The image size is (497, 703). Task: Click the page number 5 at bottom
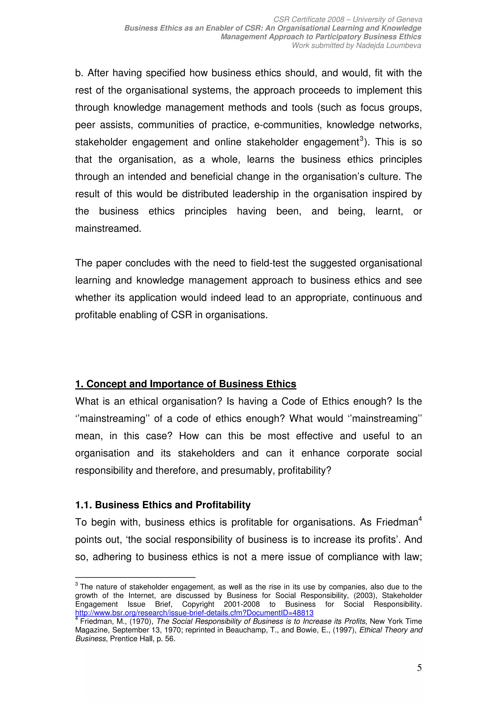click(x=419, y=668)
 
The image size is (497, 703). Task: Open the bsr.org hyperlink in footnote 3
click(x=194, y=613)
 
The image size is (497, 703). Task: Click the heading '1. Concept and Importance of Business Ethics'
click(x=186, y=384)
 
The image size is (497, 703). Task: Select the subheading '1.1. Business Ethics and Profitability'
click(x=163, y=505)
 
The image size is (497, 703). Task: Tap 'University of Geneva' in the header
click(x=387, y=20)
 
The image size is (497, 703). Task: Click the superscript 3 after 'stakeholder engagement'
click(x=361, y=139)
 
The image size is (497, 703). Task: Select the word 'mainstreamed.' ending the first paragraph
click(x=108, y=229)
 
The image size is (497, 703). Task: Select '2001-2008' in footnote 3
click(x=242, y=604)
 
